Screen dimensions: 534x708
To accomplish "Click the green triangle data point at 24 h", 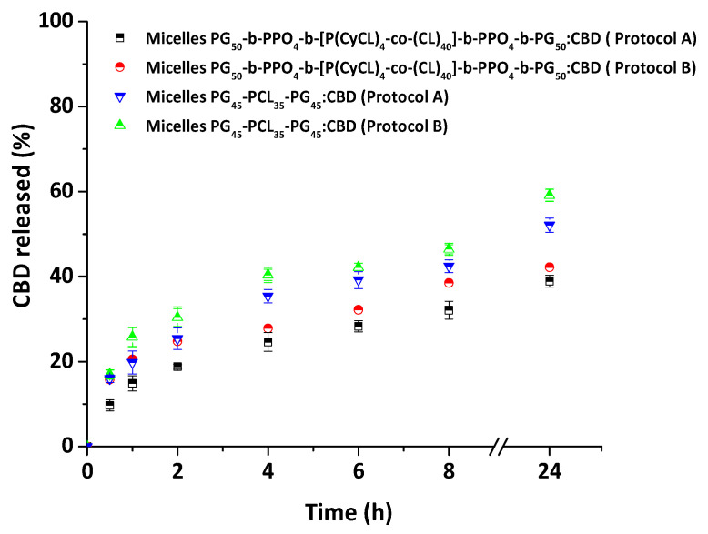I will point(550,194).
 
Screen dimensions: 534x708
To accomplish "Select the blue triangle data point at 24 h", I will point(550,226).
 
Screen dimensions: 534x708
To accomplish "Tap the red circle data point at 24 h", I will point(550,267).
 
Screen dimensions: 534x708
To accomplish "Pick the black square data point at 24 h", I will point(550,281).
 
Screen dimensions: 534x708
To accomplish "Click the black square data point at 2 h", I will point(177,367).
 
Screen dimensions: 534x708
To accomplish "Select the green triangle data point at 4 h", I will point(268,273).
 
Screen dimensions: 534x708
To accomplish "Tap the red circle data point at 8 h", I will point(449,283).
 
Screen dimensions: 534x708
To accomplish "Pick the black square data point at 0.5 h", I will point(110,405).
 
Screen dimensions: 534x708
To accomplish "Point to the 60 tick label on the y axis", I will point(63,191).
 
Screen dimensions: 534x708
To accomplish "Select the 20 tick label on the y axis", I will point(63,361).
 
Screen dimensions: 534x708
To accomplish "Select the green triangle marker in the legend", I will point(119,125).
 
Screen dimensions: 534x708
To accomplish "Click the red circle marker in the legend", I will point(119,66).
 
